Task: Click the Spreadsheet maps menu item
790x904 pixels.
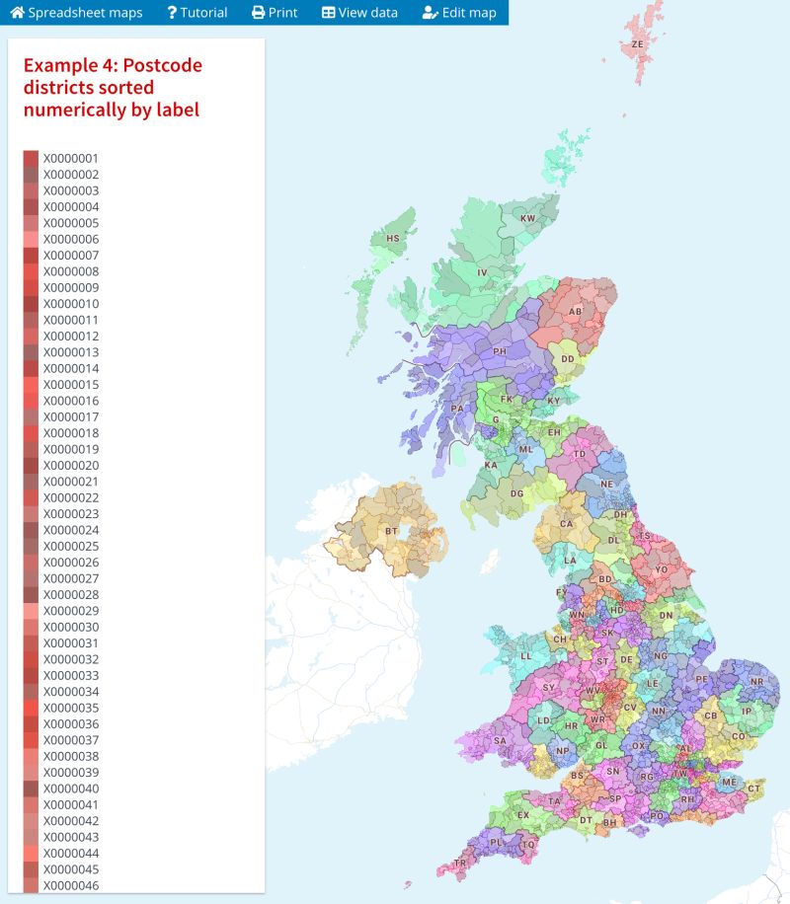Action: tap(76, 13)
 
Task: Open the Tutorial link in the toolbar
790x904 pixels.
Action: tap(197, 13)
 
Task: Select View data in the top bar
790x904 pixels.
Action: tap(359, 13)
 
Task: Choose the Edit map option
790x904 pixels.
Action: tap(459, 13)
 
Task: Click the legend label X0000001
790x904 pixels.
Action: tap(70, 158)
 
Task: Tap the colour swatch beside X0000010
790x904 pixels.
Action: tap(31, 304)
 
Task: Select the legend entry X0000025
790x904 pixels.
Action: tap(70, 547)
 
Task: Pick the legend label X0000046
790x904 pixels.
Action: tap(70, 886)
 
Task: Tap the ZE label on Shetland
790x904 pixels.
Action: tap(638, 44)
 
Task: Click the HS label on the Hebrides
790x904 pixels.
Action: tap(393, 239)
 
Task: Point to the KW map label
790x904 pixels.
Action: tap(528, 218)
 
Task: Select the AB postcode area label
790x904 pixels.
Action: tap(575, 312)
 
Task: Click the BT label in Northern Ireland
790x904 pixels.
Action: tap(391, 532)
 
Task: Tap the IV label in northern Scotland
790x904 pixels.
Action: tap(483, 272)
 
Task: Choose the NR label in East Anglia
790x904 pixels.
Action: tap(756, 682)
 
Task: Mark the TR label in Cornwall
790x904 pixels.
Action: tap(460, 864)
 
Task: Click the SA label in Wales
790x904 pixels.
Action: tap(500, 741)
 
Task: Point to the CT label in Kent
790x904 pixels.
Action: tap(754, 788)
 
